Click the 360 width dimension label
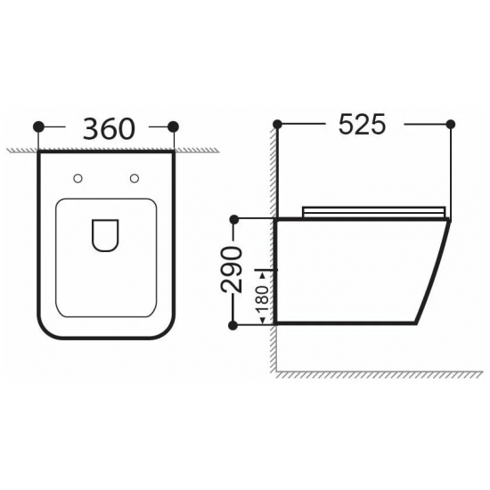(109, 128)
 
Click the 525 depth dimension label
(363, 124)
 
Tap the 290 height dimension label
(232, 270)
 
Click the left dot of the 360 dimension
(38, 127)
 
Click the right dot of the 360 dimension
(173, 127)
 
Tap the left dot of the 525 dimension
(277, 124)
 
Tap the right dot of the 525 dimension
(451, 124)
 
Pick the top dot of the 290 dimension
(234, 219)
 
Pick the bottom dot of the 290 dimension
(233, 325)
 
